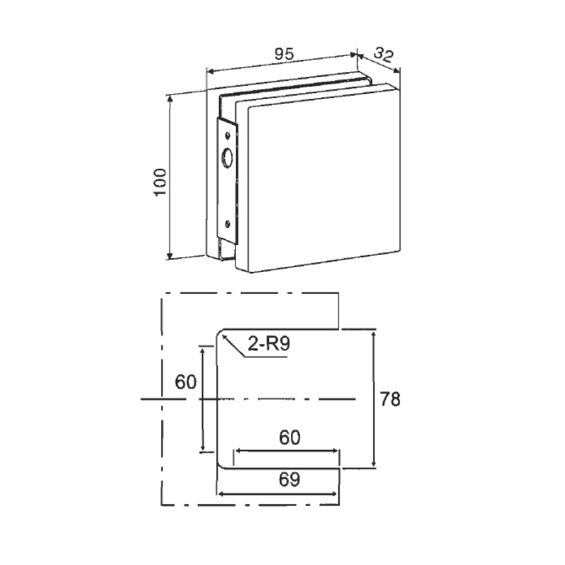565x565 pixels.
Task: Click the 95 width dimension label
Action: [285, 54]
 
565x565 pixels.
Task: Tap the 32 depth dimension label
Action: [383, 55]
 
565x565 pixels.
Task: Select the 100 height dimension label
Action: [160, 182]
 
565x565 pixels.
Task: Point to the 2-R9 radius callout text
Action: [268, 344]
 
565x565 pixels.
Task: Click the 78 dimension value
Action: [391, 399]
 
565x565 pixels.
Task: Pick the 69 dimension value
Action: [290, 480]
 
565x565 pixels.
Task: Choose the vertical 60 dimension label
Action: [186, 382]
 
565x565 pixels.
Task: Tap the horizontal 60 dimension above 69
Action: [290, 438]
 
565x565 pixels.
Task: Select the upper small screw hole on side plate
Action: [227, 135]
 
